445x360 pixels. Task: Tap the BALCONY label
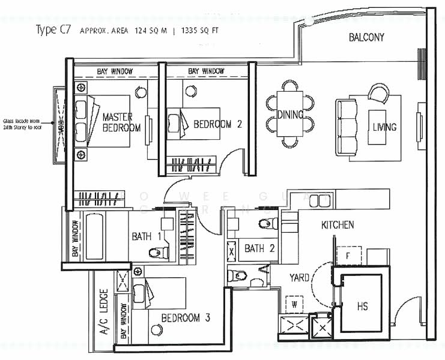(x=366, y=38)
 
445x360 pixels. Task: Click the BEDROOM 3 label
(x=185, y=317)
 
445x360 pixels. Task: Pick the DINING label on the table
(x=290, y=114)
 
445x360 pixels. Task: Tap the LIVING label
(x=384, y=127)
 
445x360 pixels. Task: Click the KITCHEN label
(x=338, y=226)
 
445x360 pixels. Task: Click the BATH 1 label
(x=146, y=236)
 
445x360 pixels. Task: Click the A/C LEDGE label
(x=104, y=319)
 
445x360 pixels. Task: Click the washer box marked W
(x=294, y=304)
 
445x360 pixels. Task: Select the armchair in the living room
(x=379, y=93)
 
